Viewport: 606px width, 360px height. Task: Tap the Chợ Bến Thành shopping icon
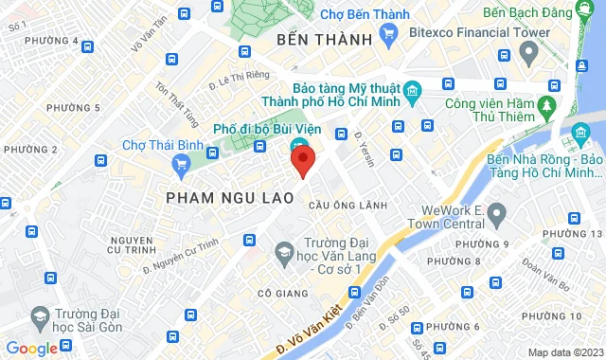click(388, 33)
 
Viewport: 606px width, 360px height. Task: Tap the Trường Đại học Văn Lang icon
click(283, 251)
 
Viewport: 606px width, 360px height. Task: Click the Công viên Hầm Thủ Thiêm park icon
click(546, 102)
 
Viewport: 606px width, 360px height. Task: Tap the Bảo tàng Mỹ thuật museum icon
click(412, 92)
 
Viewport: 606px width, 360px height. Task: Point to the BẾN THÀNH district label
click(322, 40)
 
